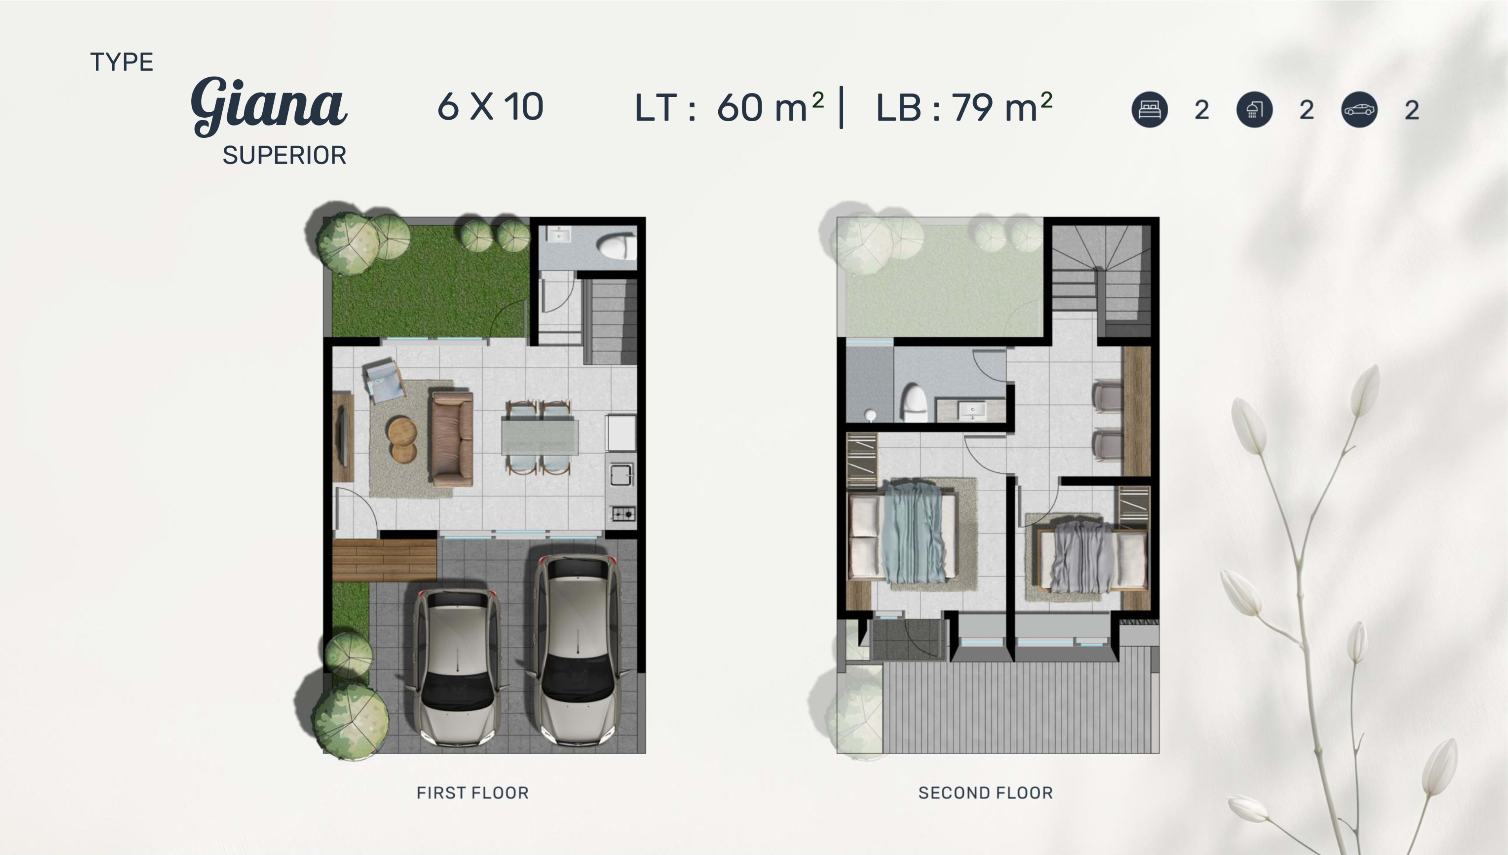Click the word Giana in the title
click(269, 106)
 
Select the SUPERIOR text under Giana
click(284, 156)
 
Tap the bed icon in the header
click(1149, 110)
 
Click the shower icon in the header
click(1254, 110)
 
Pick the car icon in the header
click(1359, 110)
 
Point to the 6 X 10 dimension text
click(490, 107)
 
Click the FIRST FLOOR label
click(472, 793)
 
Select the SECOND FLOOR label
click(986, 793)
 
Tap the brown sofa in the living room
click(452, 439)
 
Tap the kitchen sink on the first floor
click(621, 474)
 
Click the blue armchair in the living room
click(384, 381)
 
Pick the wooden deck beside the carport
click(384, 560)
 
